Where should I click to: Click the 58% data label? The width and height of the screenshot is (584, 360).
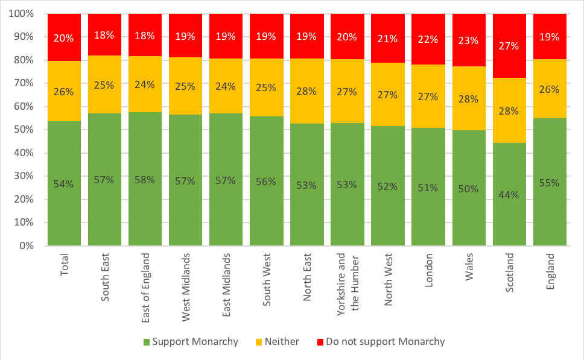click(x=145, y=180)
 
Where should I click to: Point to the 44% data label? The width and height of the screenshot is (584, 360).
click(x=510, y=194)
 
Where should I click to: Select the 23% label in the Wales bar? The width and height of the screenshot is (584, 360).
click(x=469, y=41)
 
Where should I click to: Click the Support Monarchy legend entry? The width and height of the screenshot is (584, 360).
click(x=191, y=342)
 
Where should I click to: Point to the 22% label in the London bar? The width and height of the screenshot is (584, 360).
click(x=429, y=39)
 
